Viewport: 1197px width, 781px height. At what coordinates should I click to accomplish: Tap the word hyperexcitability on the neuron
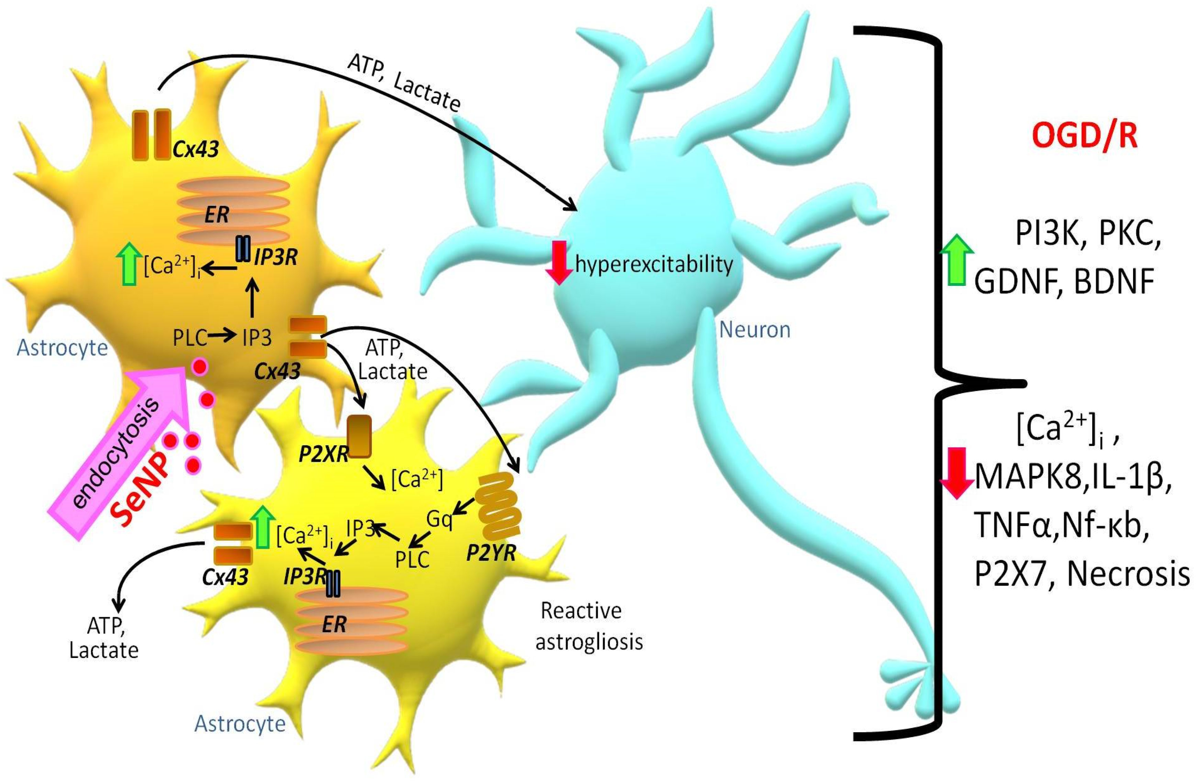coord(654,264)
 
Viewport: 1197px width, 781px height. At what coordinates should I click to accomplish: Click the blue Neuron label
coord(754,330)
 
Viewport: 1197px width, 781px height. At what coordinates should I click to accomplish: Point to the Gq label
coord(439,518)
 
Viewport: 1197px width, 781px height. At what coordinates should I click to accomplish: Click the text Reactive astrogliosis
coord(589,626)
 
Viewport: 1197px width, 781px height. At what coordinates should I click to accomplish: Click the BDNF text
coord(1114,282)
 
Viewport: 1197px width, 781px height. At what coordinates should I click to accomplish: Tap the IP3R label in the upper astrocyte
coord(276,257)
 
